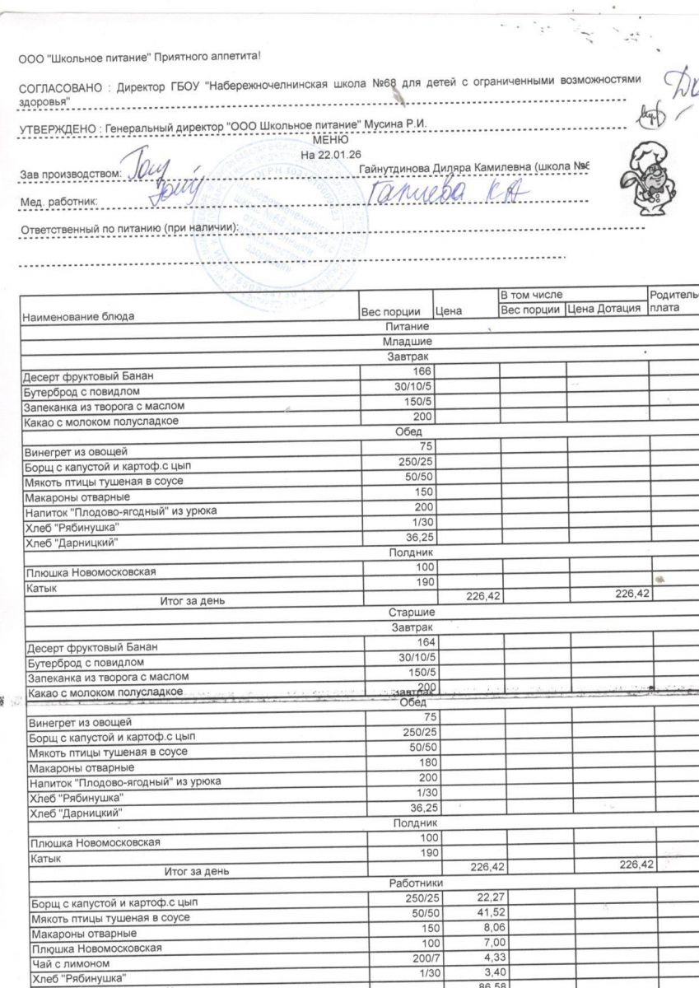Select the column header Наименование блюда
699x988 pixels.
click(77, 316)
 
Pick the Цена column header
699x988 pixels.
click(450, 312)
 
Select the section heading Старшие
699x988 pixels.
click(409, 613)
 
